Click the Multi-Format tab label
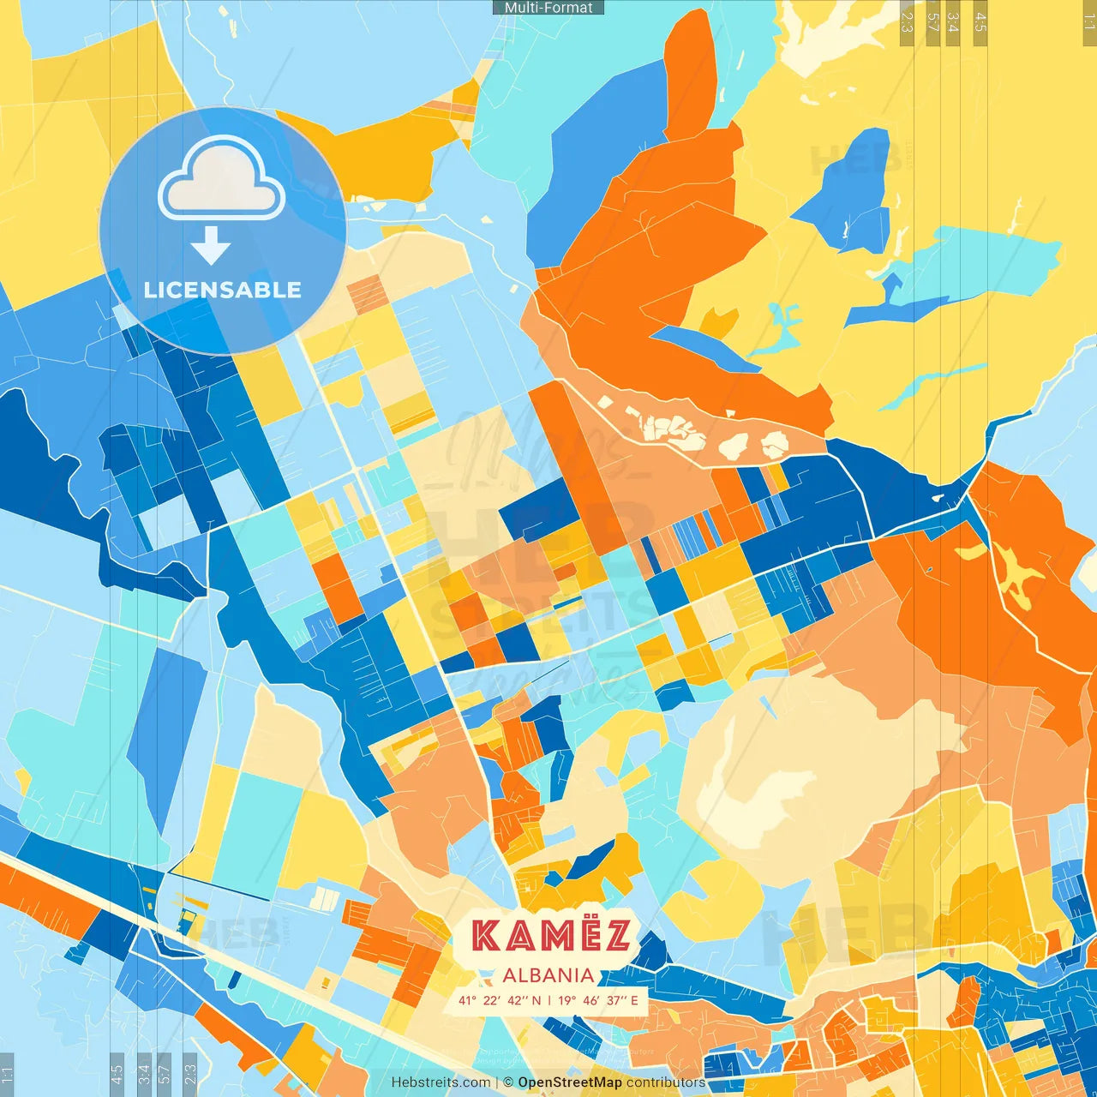pyautogui.click(x=548, y=8)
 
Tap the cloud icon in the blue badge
pyautogui.click(x=222, y=179)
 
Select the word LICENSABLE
pyautogui.click(x=223, y=290)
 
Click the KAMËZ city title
pyautogui.click(x=551, y=936)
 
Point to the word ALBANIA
pyautogui.click(x=548, y=975)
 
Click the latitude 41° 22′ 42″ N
pyautogui.click(x=500, y=1000)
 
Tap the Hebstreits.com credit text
pyautogui.click(x=441, y=1082)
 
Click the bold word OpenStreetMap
pyautogui.click(x=570, y=1082)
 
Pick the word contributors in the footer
pyautogui.click(x=666, y=1082)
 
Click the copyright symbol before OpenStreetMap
pyautogui.click(x=508, y=1082)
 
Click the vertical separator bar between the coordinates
pyautogui.click(x=549, y=1000)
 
